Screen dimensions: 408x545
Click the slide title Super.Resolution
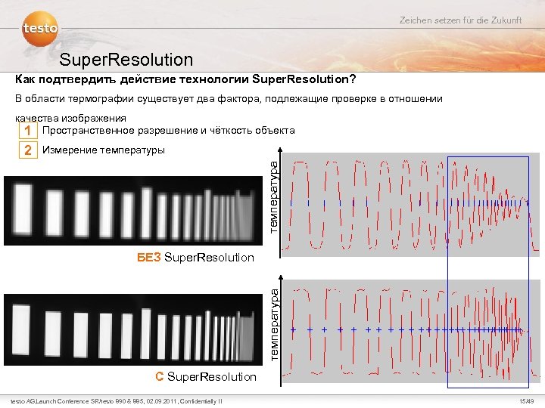(126, 59)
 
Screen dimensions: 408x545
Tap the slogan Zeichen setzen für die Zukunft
(460, 20)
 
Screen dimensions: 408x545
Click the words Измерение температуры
(104, 150)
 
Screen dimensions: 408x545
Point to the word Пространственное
(90, 130)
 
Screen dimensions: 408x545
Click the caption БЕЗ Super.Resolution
(195, 258)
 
